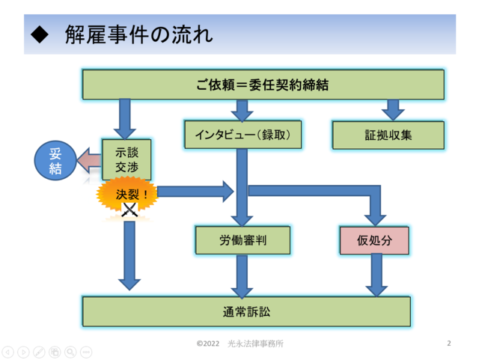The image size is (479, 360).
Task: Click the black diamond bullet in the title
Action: (40, 34)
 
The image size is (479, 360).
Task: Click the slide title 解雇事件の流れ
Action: (139, 34)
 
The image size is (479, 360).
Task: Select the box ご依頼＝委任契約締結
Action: (263, 85)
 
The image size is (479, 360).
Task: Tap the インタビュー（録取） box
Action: (242, 135)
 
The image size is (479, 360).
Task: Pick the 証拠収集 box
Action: (388, 135)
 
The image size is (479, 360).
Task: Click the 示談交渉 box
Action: (126, 159)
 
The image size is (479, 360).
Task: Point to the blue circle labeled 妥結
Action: (55, 160)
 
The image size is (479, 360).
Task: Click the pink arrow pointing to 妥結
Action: (89, 160)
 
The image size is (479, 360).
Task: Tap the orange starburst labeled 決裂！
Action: (127, 195)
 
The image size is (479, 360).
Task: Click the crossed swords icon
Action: (129, 210)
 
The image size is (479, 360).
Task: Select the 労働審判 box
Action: (242, 240)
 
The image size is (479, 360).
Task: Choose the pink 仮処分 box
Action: (374, 240)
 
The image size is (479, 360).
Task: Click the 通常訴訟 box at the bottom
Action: (246, 311)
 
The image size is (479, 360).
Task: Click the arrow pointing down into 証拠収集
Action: (393, 110)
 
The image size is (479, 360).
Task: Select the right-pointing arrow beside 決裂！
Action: (195, 192)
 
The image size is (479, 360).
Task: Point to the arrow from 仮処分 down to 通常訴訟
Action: (376, 275)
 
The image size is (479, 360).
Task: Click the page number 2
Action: (449, 344)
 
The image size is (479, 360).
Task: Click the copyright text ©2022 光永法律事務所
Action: (240, 344)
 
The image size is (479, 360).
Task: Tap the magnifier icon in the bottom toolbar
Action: (70, 352)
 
